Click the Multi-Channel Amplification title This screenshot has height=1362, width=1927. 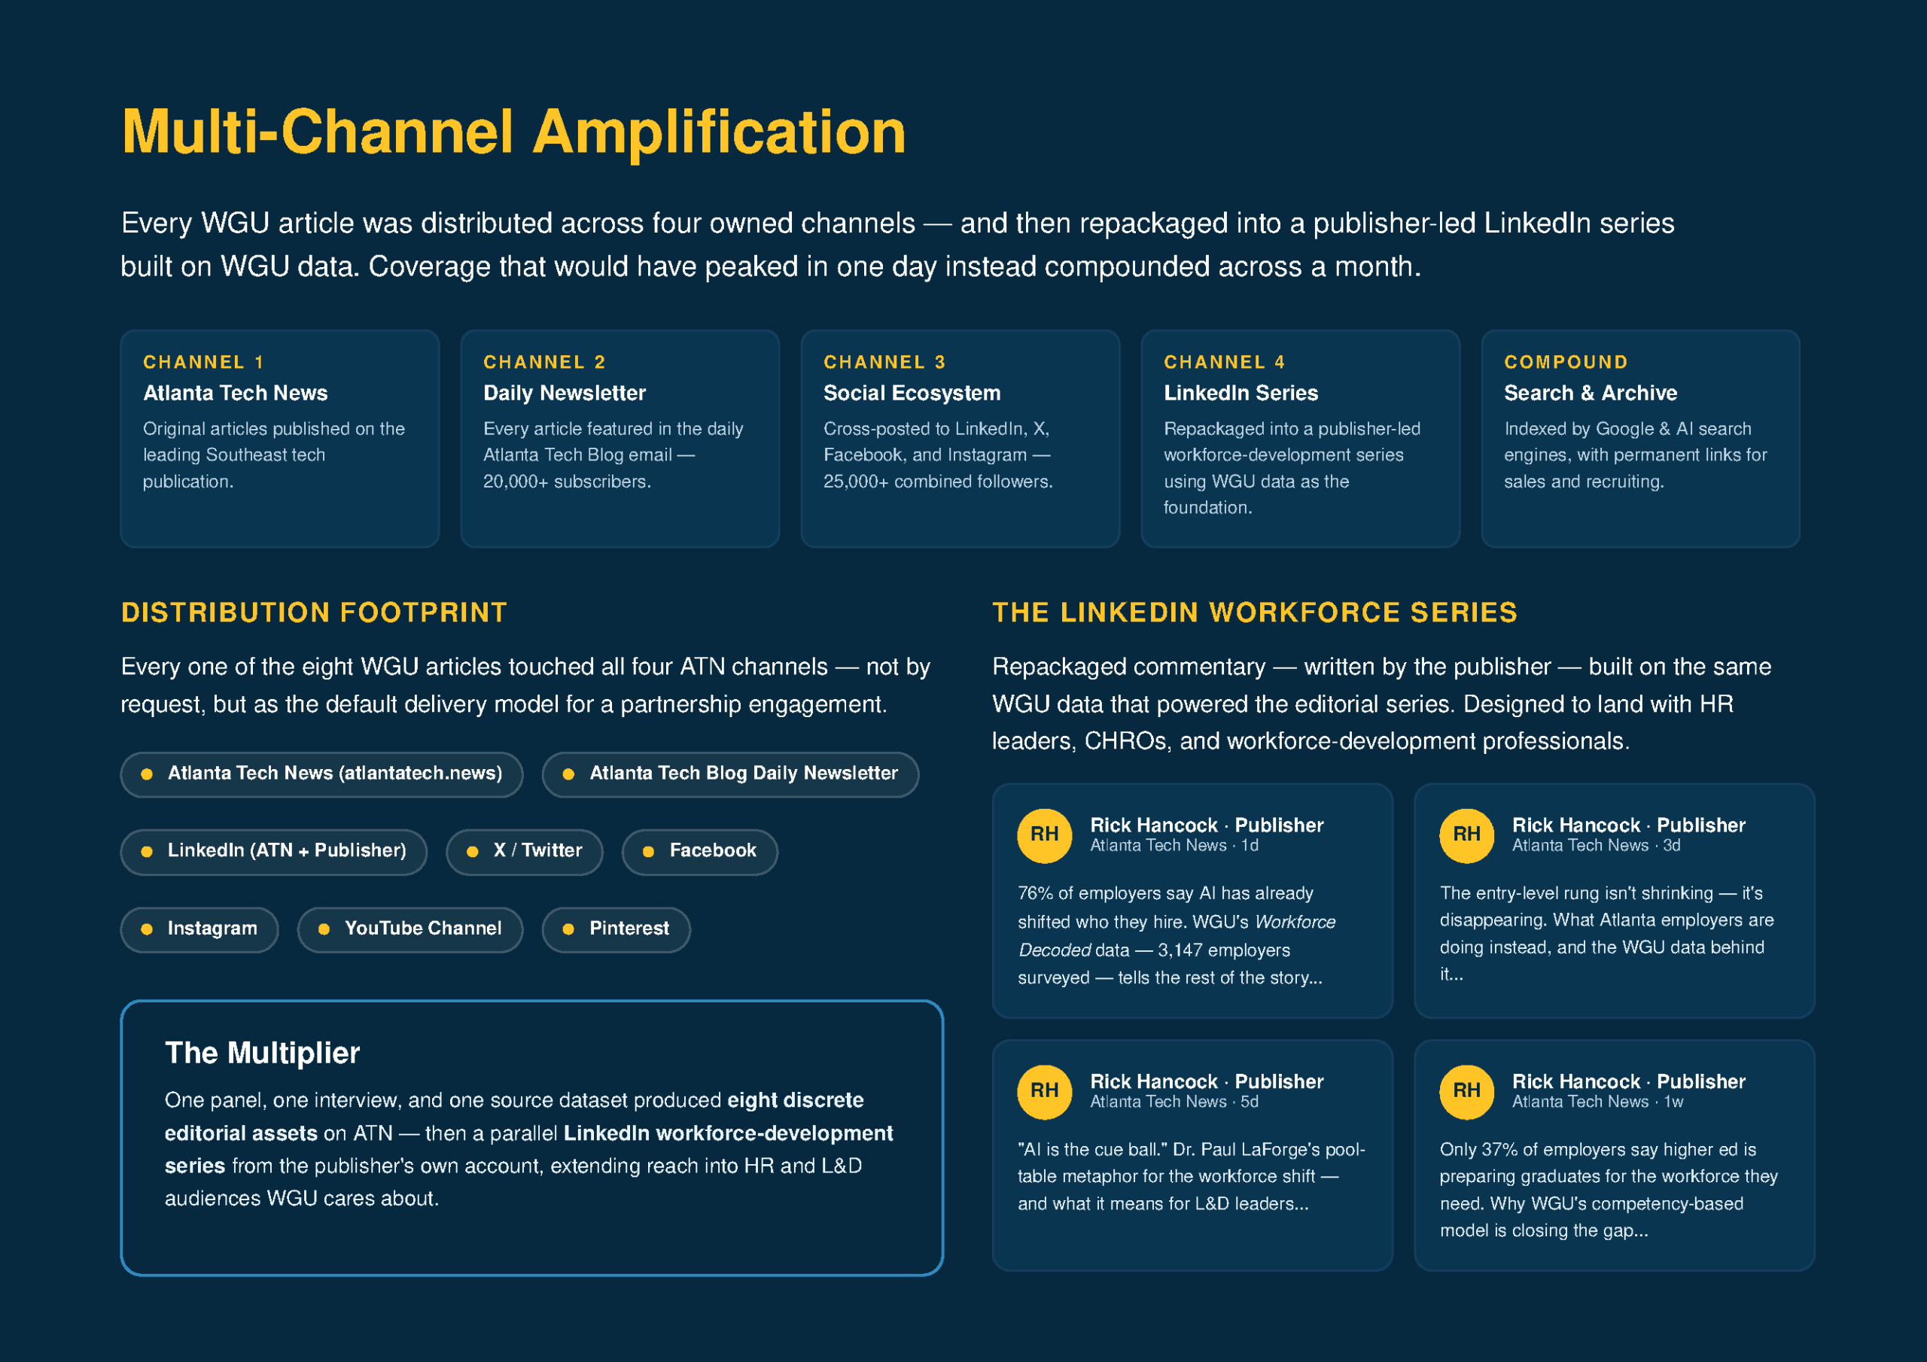[513, 132]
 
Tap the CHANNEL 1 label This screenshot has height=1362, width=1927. [203, 362]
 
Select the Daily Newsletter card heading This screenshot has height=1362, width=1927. [564, 393]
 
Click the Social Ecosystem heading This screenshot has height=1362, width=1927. [912, 393]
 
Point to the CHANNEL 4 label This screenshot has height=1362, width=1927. [1224, 362]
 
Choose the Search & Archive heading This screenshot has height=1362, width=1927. [1591, 393]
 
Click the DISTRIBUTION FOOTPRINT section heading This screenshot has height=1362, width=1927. [314, 612]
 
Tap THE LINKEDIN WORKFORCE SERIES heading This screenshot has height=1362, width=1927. [1255, 612]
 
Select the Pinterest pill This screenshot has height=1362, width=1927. [616, 929]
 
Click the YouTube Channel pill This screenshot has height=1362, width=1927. [410, 929]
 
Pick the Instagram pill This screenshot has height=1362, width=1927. [199, 929]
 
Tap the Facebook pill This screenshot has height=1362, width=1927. [700, 851]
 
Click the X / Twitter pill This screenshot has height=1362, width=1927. [525, 851]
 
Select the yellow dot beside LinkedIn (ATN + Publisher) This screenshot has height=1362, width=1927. [147, 852]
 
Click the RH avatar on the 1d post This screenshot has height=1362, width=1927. [1044, 835]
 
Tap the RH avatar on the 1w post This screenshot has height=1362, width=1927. [1466, 1091]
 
